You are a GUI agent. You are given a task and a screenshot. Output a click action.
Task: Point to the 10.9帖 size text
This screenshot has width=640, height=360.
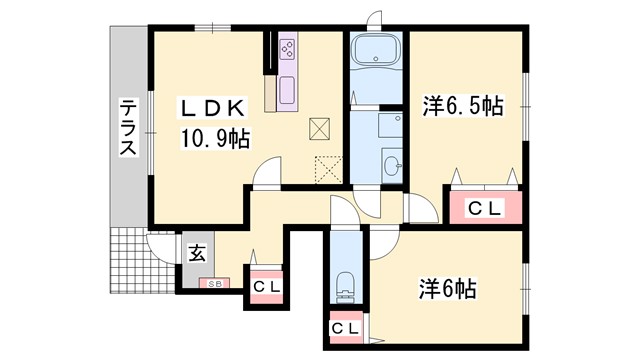coord(214,138)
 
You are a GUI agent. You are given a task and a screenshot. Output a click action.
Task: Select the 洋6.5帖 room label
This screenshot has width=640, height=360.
coord(463,104)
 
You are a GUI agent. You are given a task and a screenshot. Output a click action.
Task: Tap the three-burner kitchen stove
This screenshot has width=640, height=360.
coord(288,49)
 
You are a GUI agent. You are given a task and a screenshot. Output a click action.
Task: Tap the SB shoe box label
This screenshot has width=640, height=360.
coord(214,283)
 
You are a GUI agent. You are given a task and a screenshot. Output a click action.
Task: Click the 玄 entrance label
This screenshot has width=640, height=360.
coord(197,253)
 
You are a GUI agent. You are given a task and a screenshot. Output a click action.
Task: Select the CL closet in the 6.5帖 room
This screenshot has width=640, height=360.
coord(485,209)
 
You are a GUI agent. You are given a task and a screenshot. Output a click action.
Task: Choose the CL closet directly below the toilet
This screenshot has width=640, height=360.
coord(346,327)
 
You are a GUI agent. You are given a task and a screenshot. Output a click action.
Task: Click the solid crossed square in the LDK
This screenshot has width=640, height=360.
coord(320,127)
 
